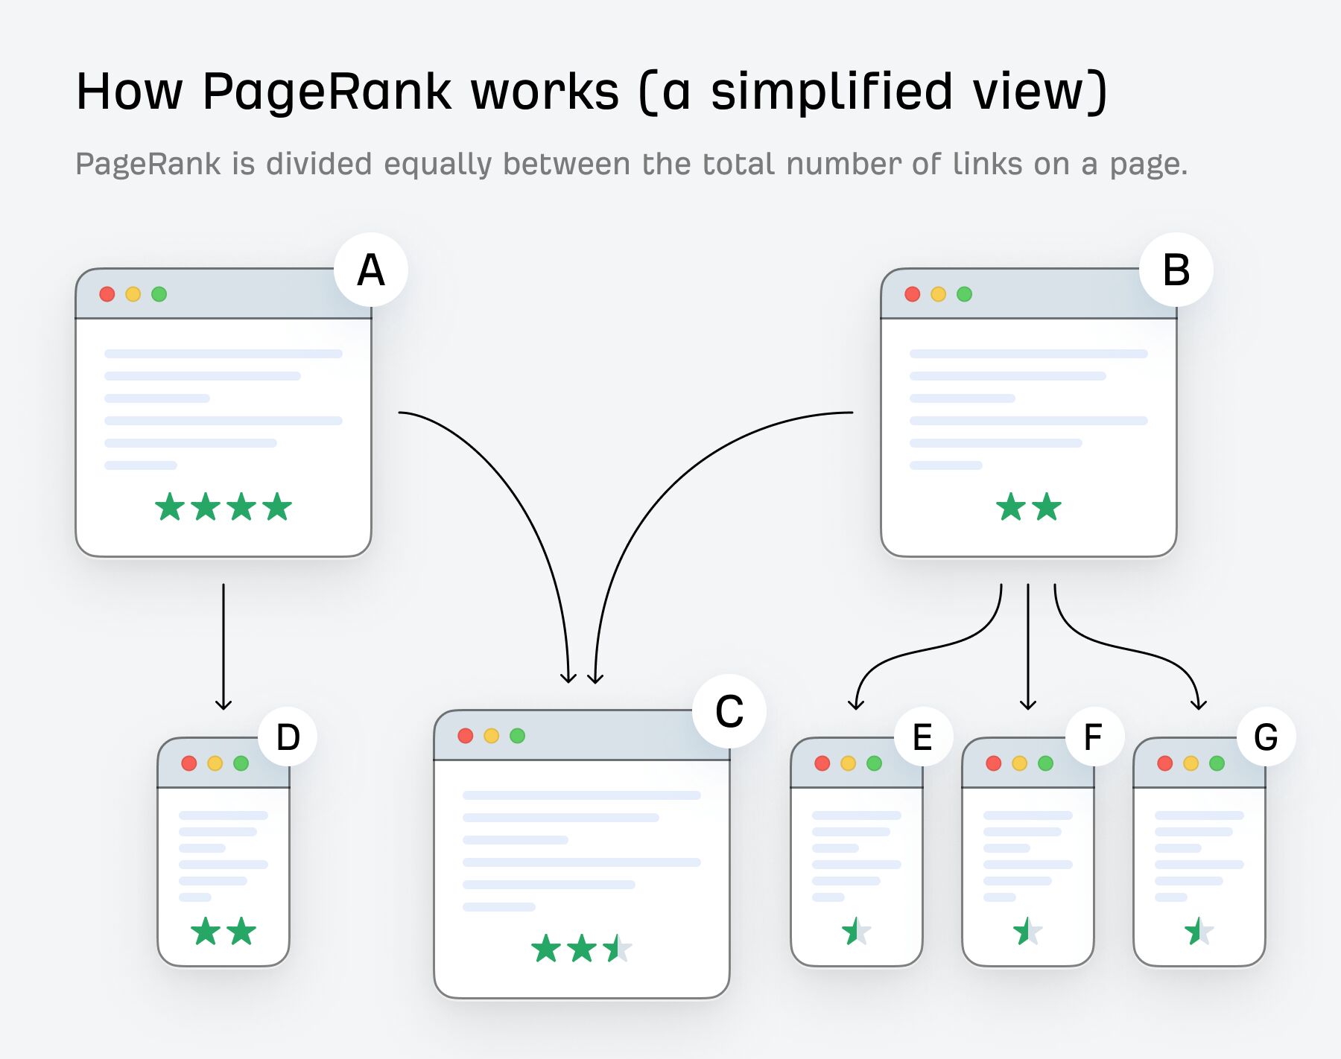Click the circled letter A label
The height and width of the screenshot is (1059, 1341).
[x=371, y=270]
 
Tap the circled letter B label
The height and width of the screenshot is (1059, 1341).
[x=1176, y=270]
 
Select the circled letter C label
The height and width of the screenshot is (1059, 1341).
[x=729, y=711]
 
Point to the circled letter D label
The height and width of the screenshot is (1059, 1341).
[x=288, y=737]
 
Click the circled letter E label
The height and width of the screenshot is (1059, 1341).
[x=922, y=737]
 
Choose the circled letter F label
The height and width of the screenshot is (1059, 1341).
[x=1093, y=737]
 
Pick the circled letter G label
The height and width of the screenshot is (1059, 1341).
[x=1266, y=737]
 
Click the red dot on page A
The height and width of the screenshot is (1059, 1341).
[x=107, y=294]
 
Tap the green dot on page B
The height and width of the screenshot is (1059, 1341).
[x=964, y=294]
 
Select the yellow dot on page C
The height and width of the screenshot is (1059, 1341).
[x=491, y=736]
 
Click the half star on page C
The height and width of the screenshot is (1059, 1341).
[x=618, y=949]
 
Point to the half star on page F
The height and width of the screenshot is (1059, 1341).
[x=1027, y=931]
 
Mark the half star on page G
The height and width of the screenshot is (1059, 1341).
[x=1199, y=931]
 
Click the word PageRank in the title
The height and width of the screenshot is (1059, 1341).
[x=326, y=92]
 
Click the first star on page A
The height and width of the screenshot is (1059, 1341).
[x=170, y=507]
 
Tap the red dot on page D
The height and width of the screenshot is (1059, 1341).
[x=189, y=763]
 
